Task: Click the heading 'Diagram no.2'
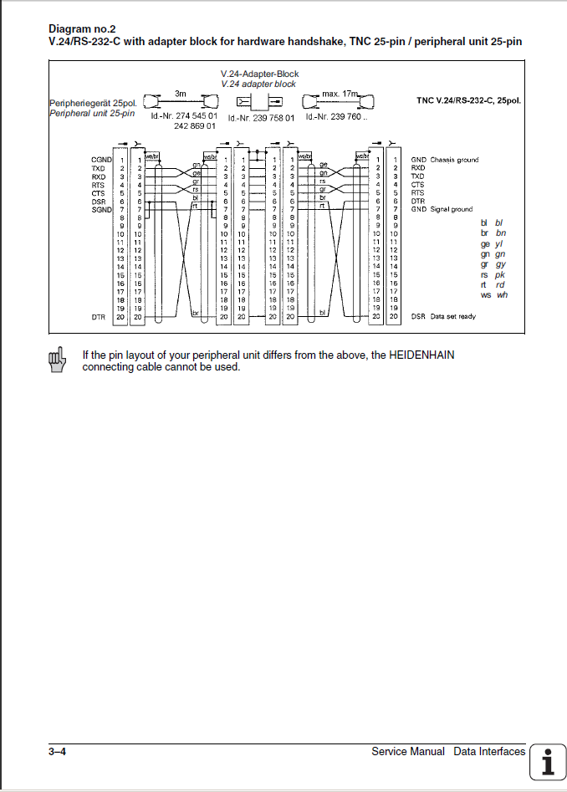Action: (x=82, y=28)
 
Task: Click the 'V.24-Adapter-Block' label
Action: (x=259, y=74)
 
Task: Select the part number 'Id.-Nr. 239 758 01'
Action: (x=261, y=118)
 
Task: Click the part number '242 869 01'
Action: (x=196, y=126)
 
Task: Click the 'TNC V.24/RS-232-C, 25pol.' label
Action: (x=469, y=100)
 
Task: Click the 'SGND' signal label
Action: (x=101, y=209)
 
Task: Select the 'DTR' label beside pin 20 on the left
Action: (x=98, y=317)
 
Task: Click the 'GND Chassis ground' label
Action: (x=445, y=160)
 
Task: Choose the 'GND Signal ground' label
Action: (x=442, y=209)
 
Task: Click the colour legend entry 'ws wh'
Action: (x=493, y=294)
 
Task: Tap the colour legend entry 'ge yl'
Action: (x=493, y=243)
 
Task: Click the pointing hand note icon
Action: (x=57, y=359)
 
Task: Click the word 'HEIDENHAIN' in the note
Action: (x=421, y=355)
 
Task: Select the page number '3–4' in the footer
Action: (x=57, y=752)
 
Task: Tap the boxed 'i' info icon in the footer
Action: (x=549, y=762)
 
